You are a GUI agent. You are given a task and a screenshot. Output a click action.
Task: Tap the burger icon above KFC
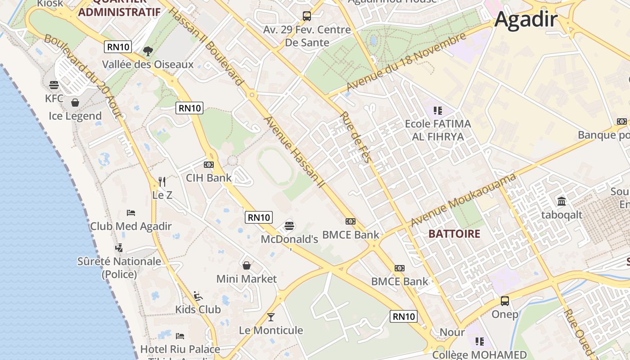[54, 85]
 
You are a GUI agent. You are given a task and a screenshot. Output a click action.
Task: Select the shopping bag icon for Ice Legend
[75, 103]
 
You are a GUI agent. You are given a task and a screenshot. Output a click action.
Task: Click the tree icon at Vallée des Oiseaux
[148, 51]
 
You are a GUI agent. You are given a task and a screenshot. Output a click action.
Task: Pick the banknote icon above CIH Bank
[209, 165]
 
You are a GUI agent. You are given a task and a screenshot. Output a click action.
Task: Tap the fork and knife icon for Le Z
[162, 182]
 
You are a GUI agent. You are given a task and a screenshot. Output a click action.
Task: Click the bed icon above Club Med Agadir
[131, 212]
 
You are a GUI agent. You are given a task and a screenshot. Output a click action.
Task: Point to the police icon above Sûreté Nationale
[119, 247]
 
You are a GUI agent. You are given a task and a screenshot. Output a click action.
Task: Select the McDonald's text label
[289, 239]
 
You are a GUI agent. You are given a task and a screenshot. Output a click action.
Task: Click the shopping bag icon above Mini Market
[247, 265]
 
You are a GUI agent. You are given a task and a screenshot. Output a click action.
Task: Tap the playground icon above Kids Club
[198, 296]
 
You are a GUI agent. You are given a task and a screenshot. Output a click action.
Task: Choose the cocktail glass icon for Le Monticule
[270, 317]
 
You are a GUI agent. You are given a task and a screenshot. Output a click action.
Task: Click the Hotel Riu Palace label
[180, 349]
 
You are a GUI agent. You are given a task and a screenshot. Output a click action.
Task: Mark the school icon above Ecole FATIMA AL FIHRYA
[437, 110]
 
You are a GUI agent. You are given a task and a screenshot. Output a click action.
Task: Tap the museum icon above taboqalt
[562, 201]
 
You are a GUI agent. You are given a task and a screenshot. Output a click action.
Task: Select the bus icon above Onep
[505, 301]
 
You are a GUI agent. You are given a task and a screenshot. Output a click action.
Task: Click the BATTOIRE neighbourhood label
[454, 234]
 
